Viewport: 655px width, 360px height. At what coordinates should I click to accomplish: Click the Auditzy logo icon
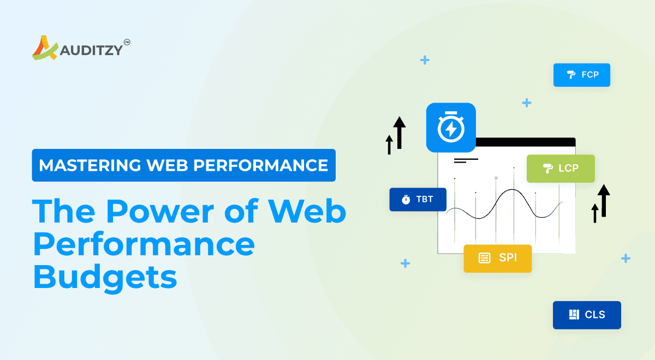(x=44, y=48)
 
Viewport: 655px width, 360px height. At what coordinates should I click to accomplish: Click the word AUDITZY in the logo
(x=90, y=50)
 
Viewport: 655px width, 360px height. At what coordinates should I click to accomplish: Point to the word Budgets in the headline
(x=105, y=277)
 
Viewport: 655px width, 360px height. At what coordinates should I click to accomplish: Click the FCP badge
(x=582, y=75)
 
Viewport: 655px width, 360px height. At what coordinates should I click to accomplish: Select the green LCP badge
(x=561, y=168)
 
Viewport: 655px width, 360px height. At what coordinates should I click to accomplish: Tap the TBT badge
(x=418, y=199)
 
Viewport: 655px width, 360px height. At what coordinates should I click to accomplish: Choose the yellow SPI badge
(x=497, y=258)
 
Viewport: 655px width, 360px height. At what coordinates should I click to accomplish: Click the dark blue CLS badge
(x=587, y=315)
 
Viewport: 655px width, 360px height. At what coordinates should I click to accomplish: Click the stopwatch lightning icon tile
(x=451, y=128)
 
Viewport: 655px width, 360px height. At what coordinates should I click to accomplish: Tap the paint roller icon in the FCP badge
(x=571, y=75)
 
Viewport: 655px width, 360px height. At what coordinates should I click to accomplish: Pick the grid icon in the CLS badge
(x=573, y=315)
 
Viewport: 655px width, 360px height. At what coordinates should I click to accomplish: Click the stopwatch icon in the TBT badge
(x=406, y=200)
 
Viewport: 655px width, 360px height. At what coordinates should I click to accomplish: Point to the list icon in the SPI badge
(x=484, y=258)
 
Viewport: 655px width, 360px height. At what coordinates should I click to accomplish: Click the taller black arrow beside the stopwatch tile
(x=400, y=132)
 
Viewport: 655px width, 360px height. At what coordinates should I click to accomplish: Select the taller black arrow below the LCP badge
(x=603, y=200)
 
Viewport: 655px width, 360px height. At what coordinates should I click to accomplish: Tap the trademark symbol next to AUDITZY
(x=127, y=41)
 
